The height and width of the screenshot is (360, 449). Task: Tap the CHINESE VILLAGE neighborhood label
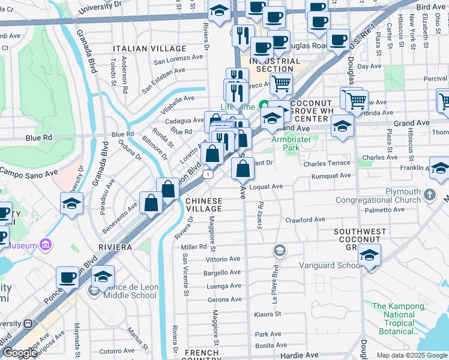203,205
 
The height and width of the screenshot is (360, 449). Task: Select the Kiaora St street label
268,314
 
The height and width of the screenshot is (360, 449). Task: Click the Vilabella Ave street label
178,98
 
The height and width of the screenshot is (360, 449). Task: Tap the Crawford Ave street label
305,220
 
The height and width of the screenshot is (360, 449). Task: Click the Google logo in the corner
19,353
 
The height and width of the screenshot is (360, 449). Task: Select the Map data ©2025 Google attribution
412,355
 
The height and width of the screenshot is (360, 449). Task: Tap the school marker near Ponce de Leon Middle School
103,277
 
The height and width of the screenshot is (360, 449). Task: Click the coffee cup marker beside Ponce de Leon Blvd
67,277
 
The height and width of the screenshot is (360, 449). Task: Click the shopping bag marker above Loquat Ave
242,169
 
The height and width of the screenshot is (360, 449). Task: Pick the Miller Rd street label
193,247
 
